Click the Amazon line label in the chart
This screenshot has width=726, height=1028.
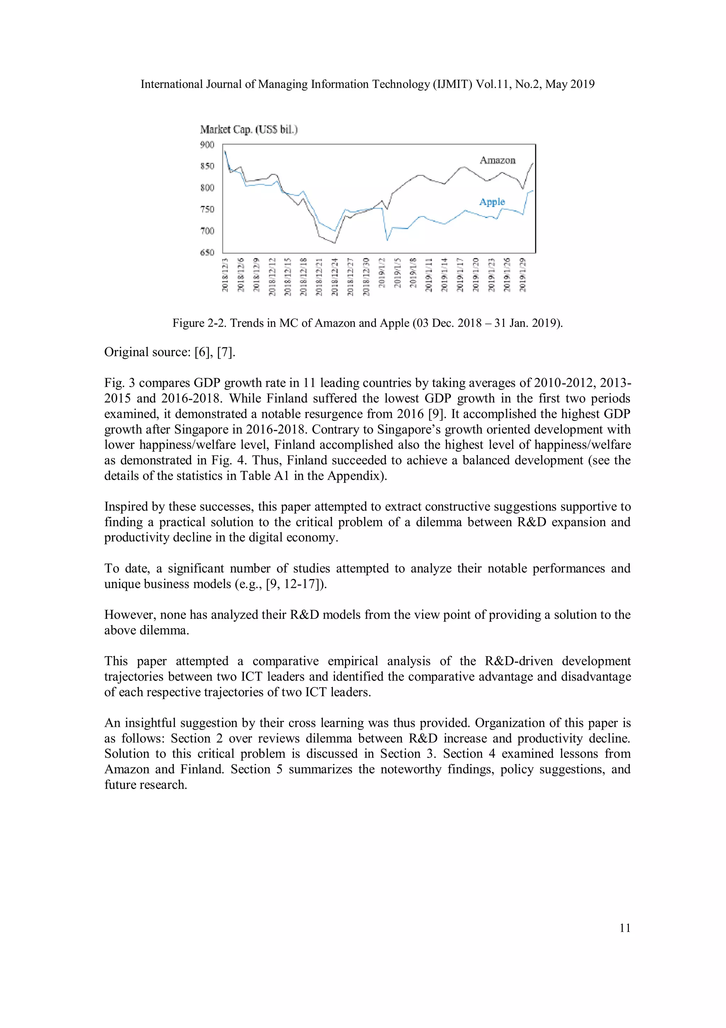[x=497, y=160]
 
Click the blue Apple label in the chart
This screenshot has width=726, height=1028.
[x=492, y=202]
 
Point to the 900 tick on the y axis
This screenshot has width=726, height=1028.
[x=207, y=145]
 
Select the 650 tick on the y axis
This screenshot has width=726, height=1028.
[x=207, y=253]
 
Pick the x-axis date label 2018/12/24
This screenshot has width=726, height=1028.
[x=334, y=276]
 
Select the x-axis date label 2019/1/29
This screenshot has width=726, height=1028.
[x=522, y=274]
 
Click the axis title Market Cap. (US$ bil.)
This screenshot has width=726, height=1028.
[x=249, y=130]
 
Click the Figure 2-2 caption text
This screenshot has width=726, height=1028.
[x=367, y=323]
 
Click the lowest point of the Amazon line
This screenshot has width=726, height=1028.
[x=335, y=243]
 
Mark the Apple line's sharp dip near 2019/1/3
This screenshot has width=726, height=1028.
[x=387, y=241]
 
